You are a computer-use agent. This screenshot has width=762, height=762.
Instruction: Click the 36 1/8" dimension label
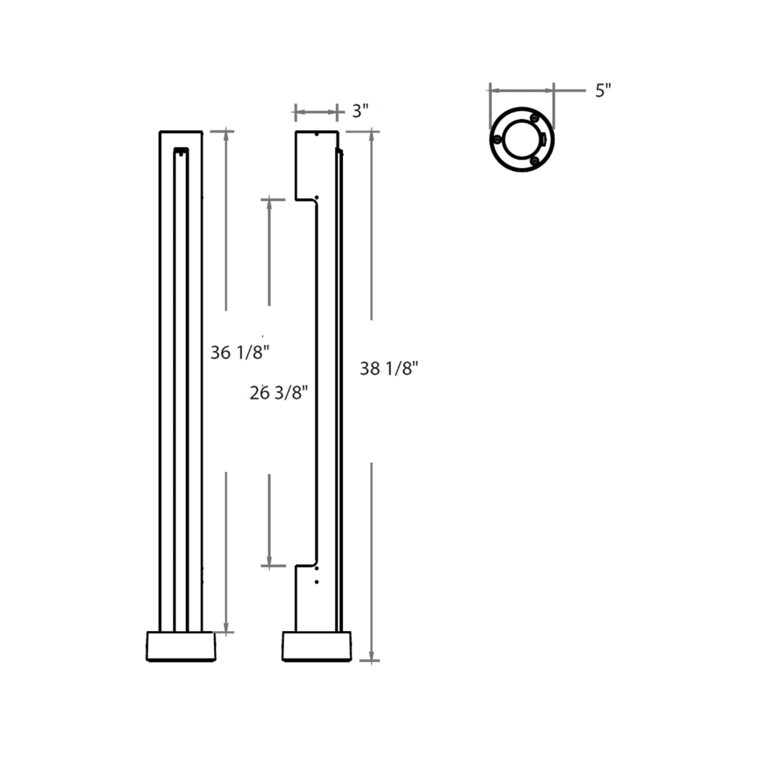click(240, 352)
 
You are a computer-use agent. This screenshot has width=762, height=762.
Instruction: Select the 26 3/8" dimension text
click(279, 393)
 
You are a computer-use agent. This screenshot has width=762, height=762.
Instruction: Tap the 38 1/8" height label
click(389, 369)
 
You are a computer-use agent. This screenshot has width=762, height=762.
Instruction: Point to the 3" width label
click(360, 112)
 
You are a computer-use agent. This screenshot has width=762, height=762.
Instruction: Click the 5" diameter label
click(603, 91)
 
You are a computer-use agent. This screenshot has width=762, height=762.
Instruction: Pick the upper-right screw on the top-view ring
click(535, 118)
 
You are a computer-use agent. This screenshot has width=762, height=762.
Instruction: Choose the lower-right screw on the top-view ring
click(535, 160)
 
